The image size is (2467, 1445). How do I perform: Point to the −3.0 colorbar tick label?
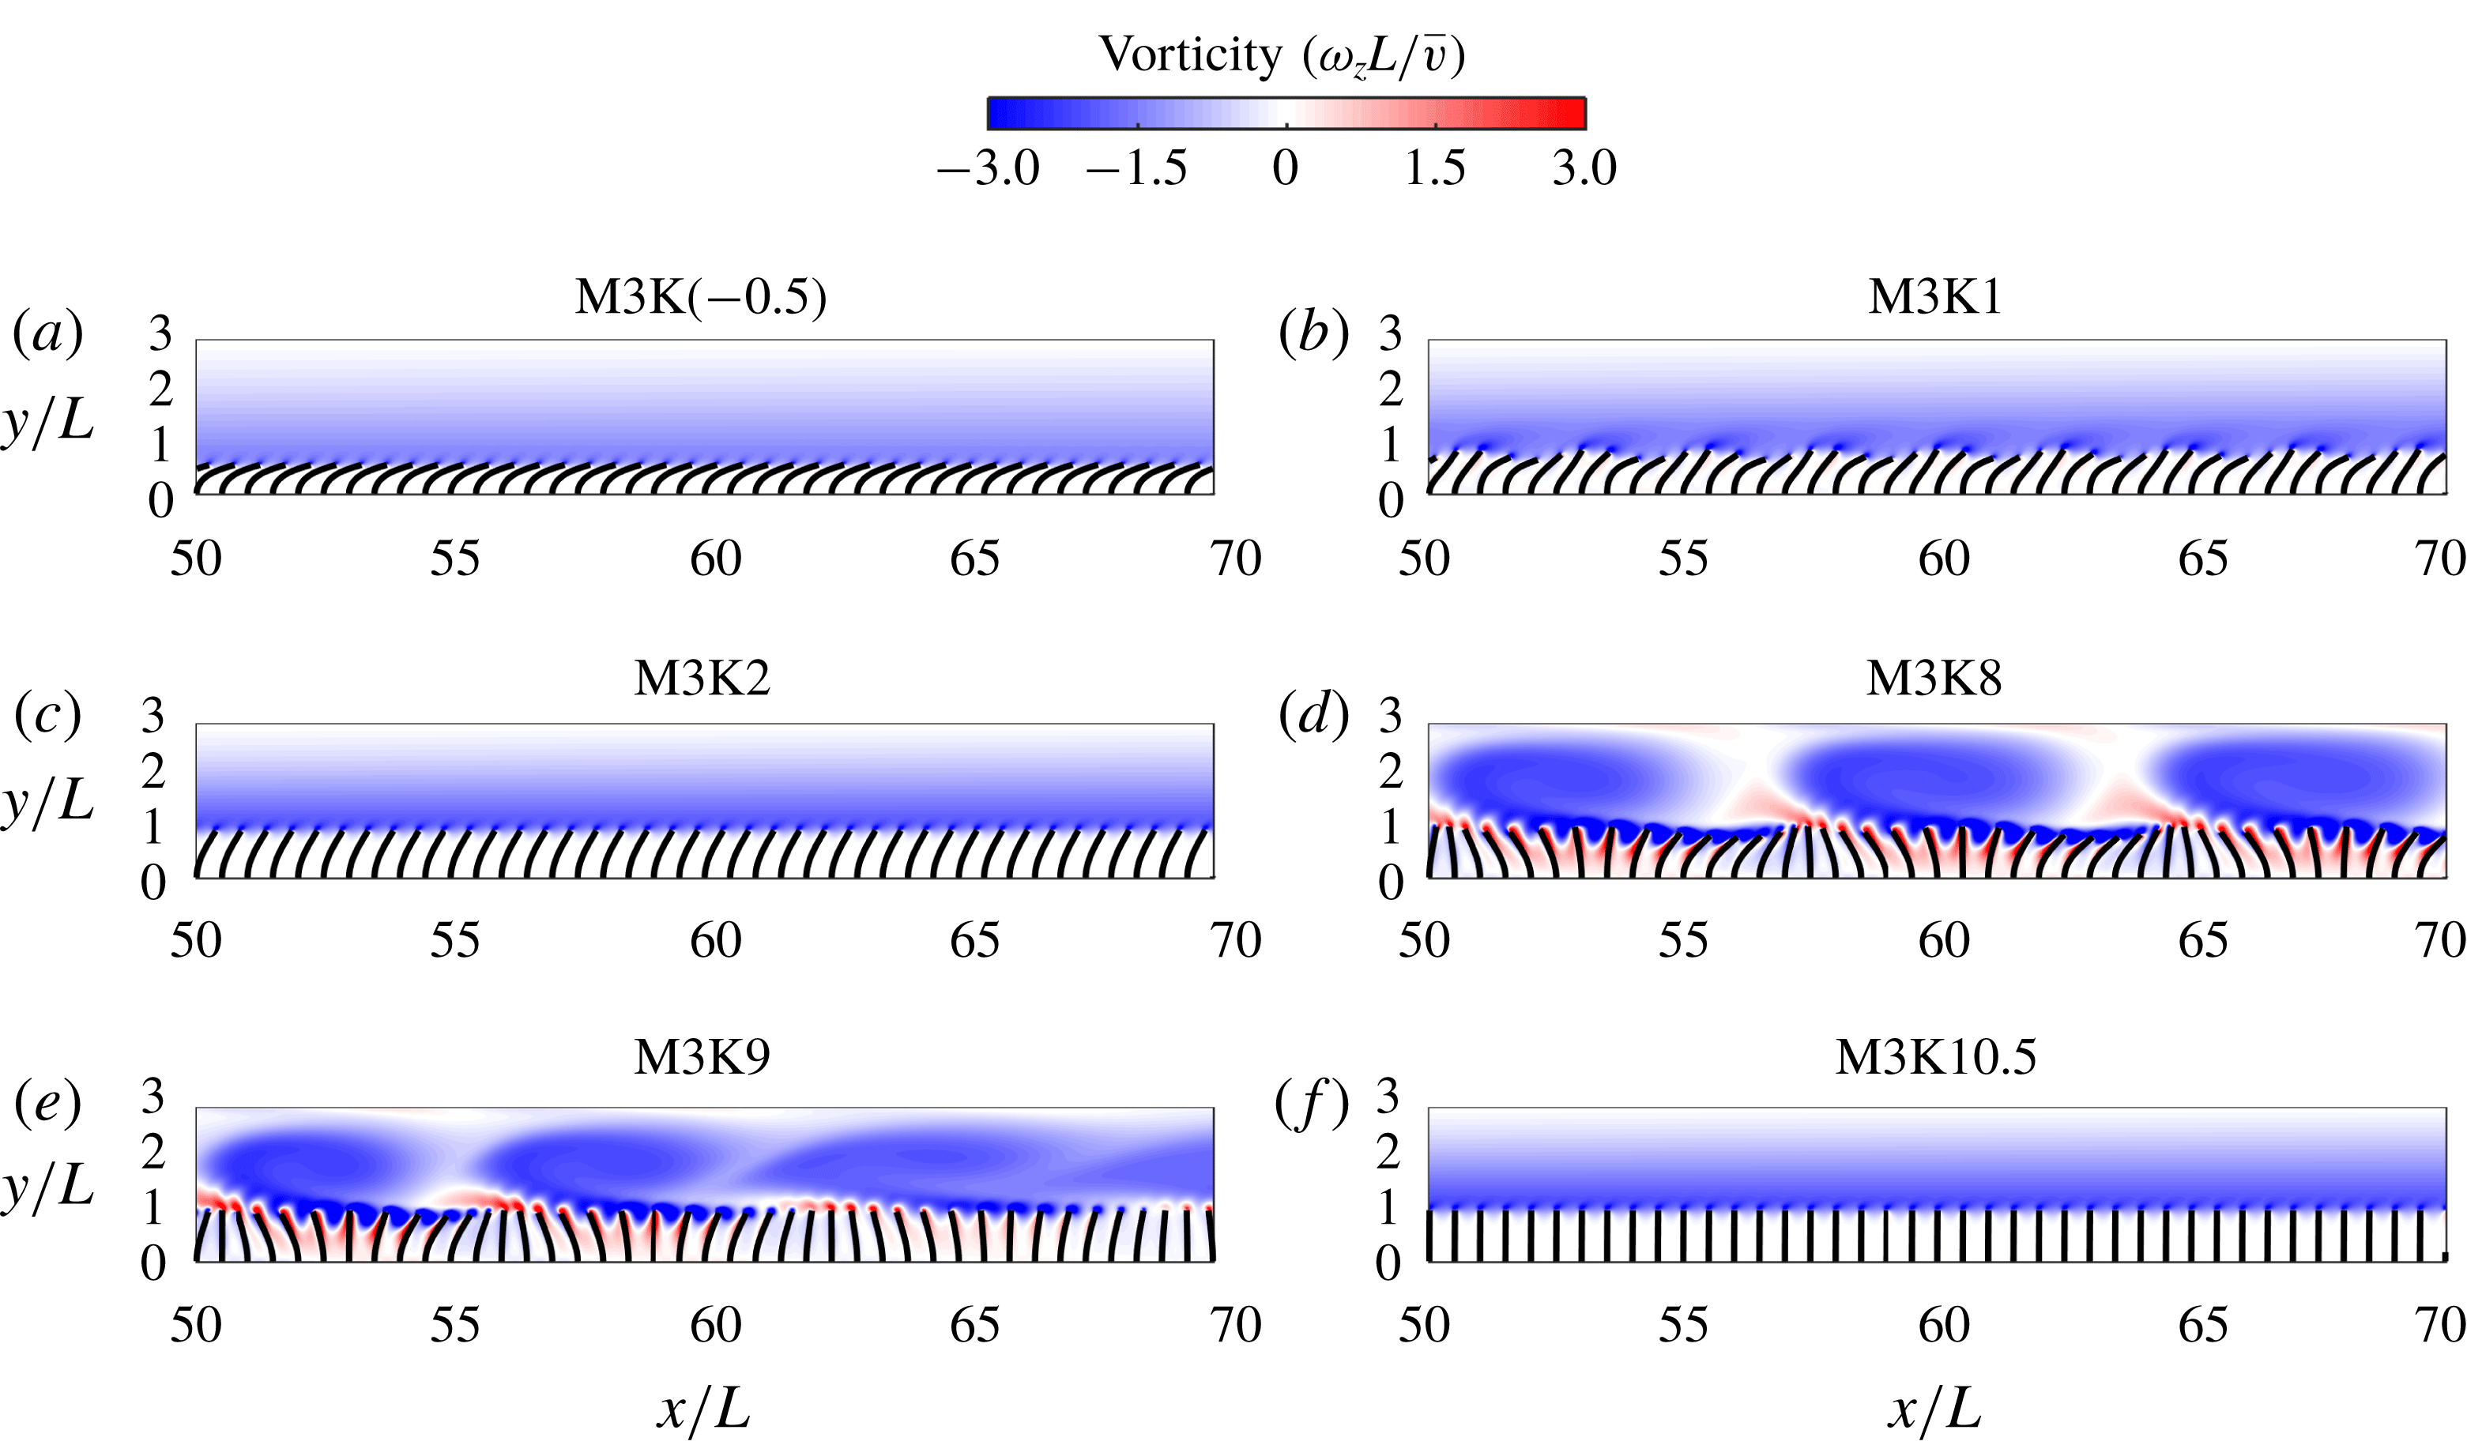click(989, 168)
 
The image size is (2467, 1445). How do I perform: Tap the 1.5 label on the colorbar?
click(1434, 168)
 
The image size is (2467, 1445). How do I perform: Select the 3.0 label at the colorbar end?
click(1584, 168)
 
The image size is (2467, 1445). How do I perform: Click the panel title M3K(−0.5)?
click(701, 296)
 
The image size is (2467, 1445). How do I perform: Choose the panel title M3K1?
click(1934, 296)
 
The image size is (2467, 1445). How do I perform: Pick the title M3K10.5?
click(1935, 1056)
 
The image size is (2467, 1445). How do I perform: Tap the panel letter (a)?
click(47, 334)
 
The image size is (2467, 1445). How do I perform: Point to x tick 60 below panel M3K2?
click(716, 942)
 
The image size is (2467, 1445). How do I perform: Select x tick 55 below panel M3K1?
click(1683, 559)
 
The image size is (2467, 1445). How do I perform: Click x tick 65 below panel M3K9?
click(975, 1326)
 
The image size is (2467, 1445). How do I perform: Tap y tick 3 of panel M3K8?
click(1390, 717)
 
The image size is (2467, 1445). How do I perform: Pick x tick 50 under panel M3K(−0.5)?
click(196, 559)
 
